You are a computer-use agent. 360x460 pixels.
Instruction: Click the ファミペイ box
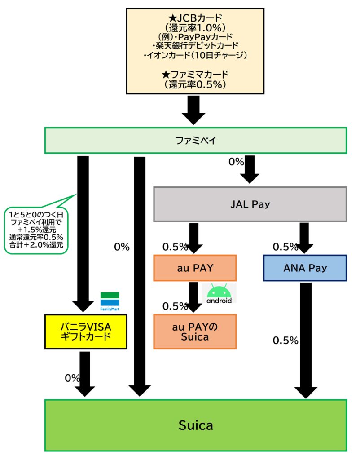pos(195,141)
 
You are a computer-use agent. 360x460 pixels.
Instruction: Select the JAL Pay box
pos(250,204)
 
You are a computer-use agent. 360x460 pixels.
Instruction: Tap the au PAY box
pos(194,268)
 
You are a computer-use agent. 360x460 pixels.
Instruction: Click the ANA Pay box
pos(305,268)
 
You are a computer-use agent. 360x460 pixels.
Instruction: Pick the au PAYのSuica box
pos(194,332)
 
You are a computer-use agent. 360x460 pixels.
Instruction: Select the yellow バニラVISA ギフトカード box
pos(86,332)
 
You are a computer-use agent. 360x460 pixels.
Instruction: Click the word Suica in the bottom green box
pos(195,425)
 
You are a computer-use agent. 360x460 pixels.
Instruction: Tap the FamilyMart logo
pos(110,301)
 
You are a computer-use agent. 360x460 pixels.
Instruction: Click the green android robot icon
pos(219,293)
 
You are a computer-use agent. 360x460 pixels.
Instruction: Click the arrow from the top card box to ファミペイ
pos(194,109)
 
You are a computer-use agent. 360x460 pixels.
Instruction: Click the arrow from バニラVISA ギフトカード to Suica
pos(85,373)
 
